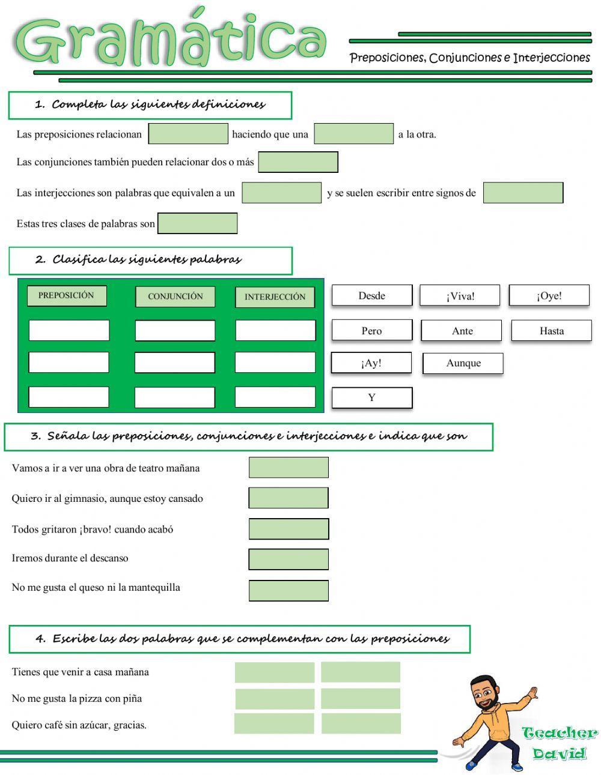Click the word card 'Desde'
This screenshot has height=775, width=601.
[x=371, y=295]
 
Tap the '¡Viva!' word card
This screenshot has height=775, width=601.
[x=460, y=296]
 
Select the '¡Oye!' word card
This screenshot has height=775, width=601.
[x=549, y=295]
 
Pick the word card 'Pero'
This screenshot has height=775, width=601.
[x=371, y=331]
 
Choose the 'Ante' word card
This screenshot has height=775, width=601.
[x=462, y=331]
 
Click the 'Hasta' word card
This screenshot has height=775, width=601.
[x=551, y=331]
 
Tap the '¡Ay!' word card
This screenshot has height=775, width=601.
[x=371, y=363]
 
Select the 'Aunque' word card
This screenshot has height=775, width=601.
[x=463, y=363]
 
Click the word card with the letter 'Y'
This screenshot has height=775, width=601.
[x=371, y=397]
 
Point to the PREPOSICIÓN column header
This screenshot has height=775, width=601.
[x=67, y=295]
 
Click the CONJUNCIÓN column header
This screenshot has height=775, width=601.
[x=175, y=297]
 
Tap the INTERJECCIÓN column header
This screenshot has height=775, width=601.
[x=275, y=297]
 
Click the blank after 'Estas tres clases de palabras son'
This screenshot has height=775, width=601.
[x=197, y=223]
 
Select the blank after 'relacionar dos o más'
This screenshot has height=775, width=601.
[x=298, y=162]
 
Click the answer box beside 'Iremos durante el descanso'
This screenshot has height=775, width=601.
[x=288, y=559]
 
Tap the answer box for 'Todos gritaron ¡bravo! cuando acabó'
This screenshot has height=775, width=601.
[x=288, y=529]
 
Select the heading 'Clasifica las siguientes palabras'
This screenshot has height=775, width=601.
[x=147, y=260]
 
